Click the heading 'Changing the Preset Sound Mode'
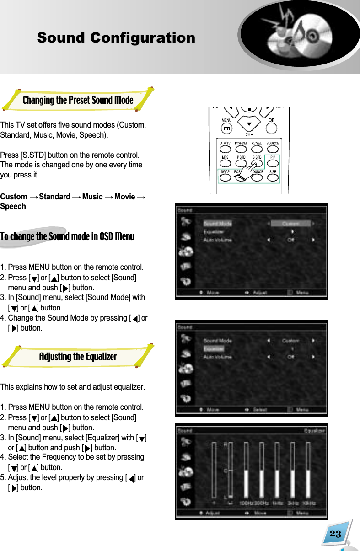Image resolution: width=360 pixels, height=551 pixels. (78, 100)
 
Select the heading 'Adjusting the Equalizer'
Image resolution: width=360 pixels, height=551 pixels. (78, 357)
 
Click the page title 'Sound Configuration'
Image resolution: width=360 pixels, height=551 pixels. (116, 38)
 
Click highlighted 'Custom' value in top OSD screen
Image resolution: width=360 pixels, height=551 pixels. (290, 224)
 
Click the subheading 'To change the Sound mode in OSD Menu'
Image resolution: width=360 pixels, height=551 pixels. (67, 237)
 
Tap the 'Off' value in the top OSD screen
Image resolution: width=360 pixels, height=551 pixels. (290, 239)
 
